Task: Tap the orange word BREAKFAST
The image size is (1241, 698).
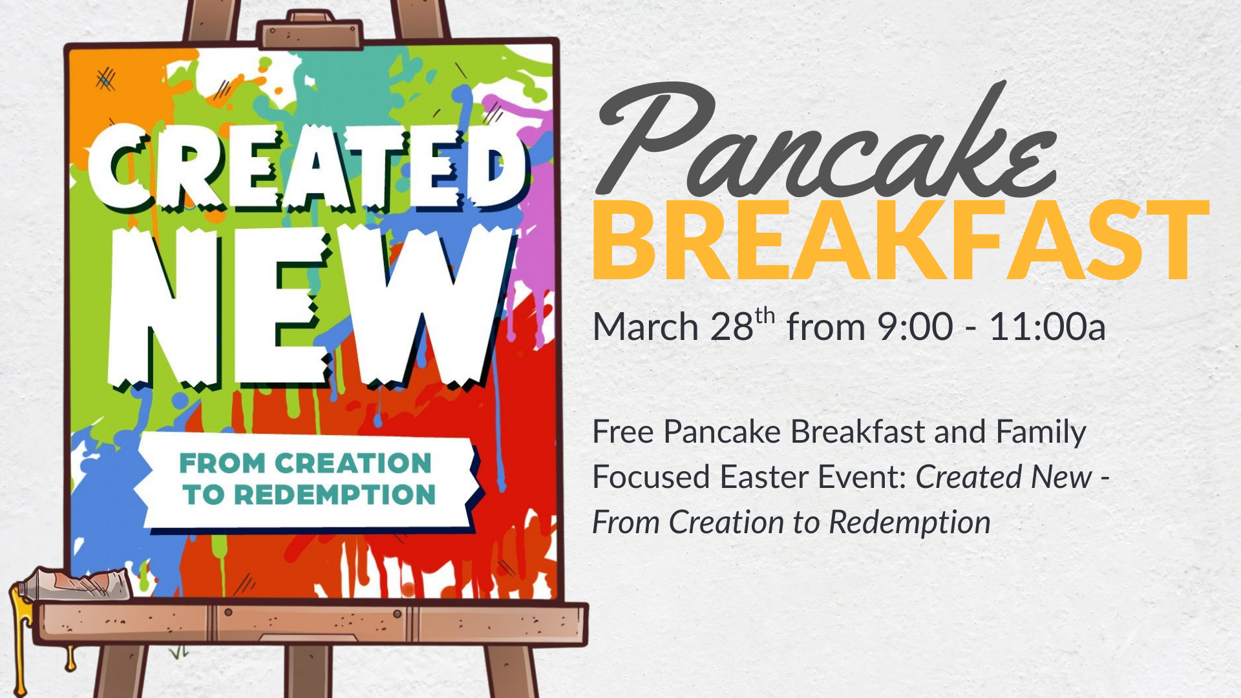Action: pyautogui.click(x=900, y=240)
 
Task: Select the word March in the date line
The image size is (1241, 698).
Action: pyautogui.click(x=646, y=327)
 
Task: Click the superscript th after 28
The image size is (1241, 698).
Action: pyautogui.click(x=765, y=316)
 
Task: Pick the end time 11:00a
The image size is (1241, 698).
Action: pyautogui.click(x=1047, y=327)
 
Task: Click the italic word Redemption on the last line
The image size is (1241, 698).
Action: pyautogui.click(x=909, y=523)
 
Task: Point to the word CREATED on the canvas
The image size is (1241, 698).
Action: pyautogui.click(x=307, y=168)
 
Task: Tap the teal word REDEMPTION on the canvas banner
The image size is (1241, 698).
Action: pyautogui.click(x=335, y=495)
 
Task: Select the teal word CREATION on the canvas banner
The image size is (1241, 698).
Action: pyautogui.click(x=353, y=463)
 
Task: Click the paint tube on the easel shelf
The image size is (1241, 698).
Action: pyautogui.click(x=74, y=584)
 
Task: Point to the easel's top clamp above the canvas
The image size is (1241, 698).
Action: pyautogui.click(x=310, y=30)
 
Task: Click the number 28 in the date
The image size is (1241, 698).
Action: pyautogui.click(x=732, y=327)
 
